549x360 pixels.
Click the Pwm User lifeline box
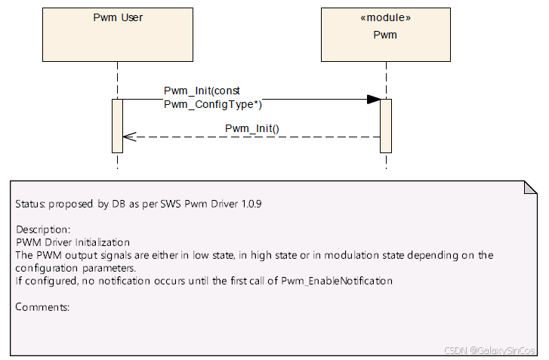pos(117,34)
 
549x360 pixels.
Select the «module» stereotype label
pos(385,17)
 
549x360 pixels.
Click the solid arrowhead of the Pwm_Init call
pos(373,100)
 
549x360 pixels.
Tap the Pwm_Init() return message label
pos(252,128)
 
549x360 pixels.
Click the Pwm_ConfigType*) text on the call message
pos(213,105)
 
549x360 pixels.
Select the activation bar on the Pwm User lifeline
pos(117,125)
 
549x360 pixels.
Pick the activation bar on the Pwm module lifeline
pos(385,125)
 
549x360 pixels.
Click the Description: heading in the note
pos(43,229)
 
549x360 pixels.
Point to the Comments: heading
pos(42,307)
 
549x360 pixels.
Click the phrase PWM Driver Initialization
pos(72,242)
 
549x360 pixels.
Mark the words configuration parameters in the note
pos(76,268)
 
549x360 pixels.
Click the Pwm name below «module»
pos(385,35)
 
